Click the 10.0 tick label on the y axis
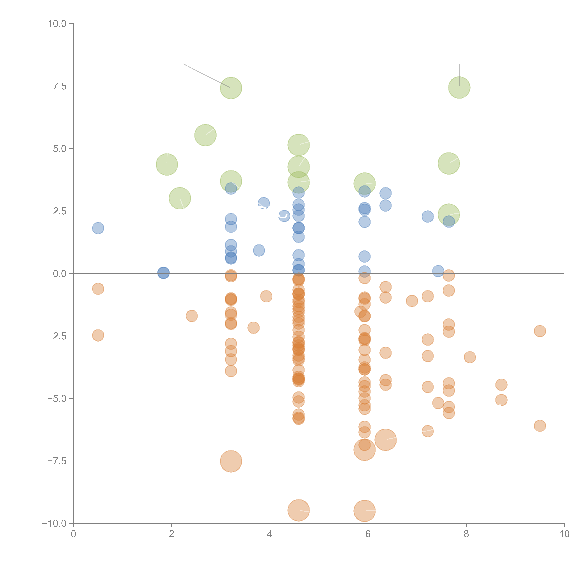click(x=57, y=24)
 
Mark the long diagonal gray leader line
click(x=206, y=75)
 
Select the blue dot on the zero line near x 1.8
click(x=163, y=273)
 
